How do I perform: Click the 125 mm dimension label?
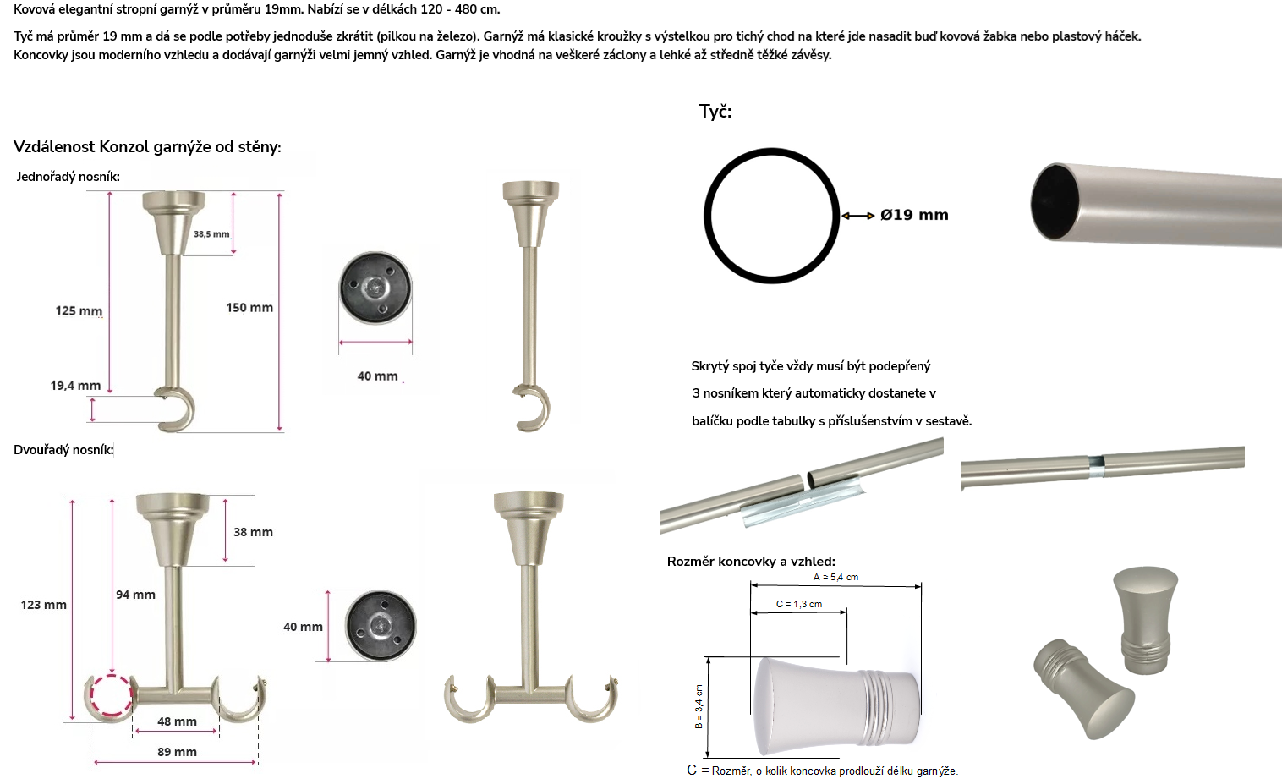[79, 310]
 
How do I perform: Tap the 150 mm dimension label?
[249, 307]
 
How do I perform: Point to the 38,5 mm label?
[211, 234]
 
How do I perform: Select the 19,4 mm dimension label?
[75, 386]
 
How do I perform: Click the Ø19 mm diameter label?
[914, 215]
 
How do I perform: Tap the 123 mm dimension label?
[43, 605]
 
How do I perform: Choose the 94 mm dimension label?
[135, 595]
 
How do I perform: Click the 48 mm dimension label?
[177, 721]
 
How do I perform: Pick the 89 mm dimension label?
[177, 752]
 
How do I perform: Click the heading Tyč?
[715, 111]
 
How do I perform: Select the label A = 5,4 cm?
[835, 577]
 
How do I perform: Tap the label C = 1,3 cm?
[799, 604]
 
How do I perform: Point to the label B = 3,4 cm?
[699, 706]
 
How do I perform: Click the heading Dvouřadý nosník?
[63, 450]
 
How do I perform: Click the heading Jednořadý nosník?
[68, 177]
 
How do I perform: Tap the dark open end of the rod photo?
[1055, 201]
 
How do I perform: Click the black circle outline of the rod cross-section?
[707, 216]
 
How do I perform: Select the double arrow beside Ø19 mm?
[858, 216]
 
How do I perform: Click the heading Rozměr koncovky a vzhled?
[751, 562]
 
